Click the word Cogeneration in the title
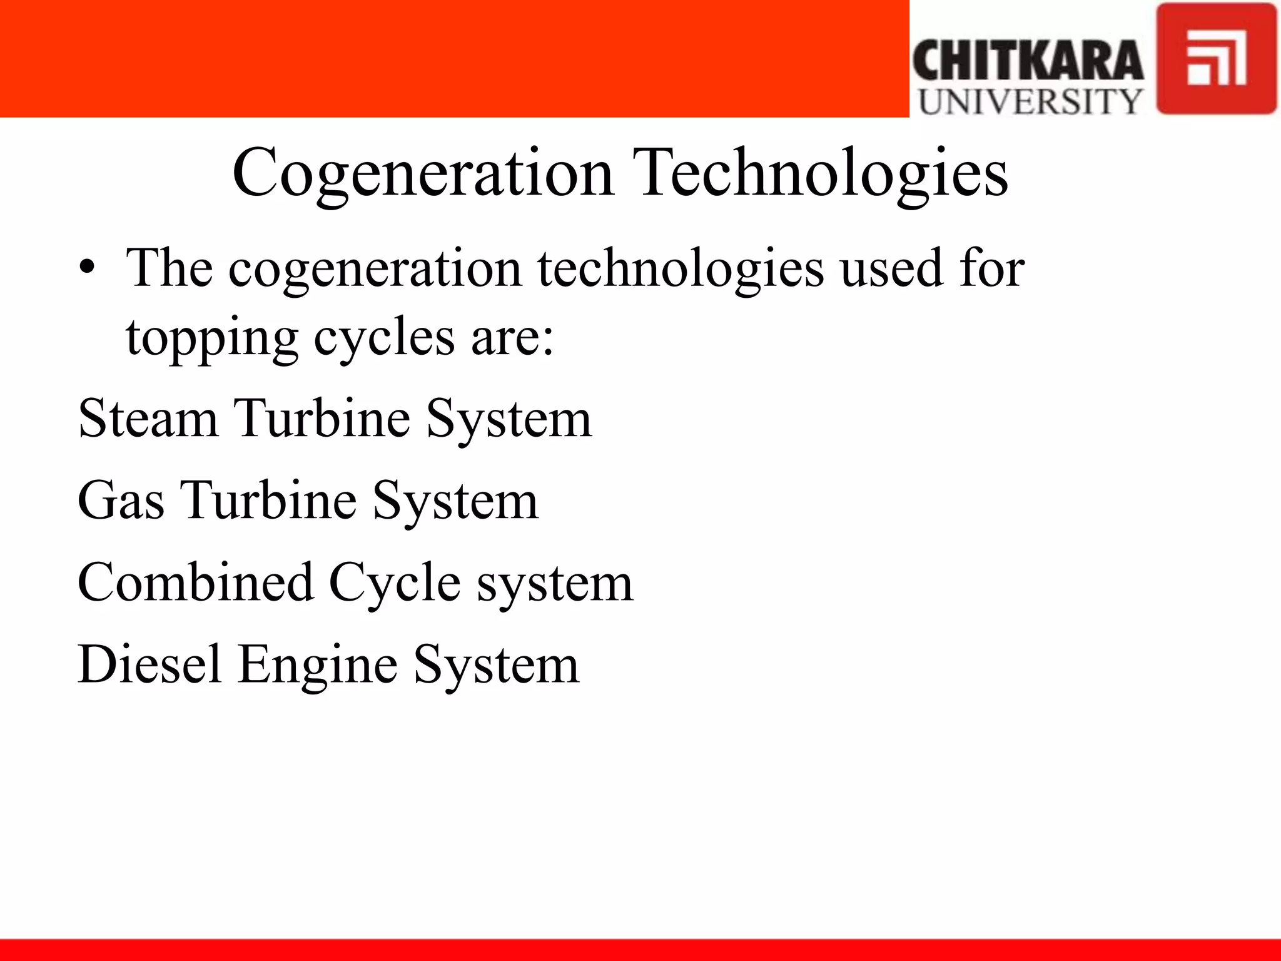422,173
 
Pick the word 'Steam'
148,418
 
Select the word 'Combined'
195,582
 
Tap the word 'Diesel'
149,664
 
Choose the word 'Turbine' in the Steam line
322,418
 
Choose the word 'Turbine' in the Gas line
268,501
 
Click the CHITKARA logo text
1028,61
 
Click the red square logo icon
1216,59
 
